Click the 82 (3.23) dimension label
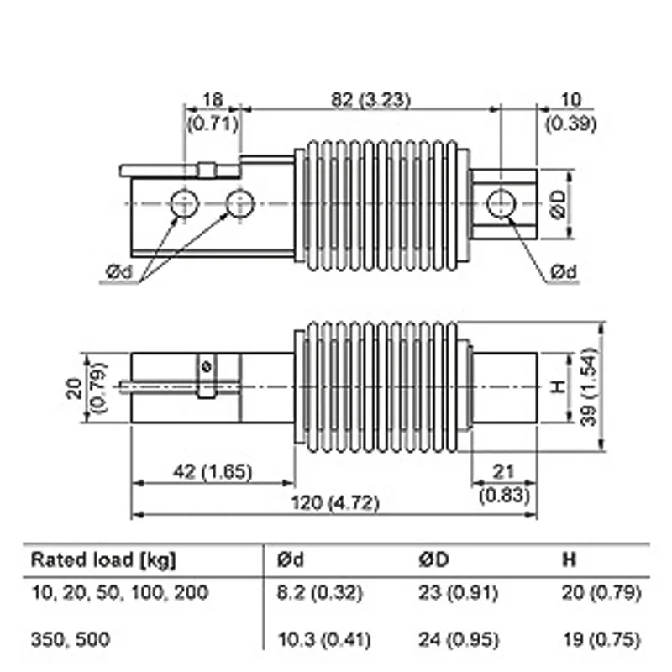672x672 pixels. [370, 100]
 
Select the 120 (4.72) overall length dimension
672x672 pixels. [335, 502]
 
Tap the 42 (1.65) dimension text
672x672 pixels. [213, 472]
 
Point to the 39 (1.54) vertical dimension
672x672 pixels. [589, 386]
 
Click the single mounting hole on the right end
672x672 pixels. [501, 203]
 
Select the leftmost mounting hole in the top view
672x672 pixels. [184, 203]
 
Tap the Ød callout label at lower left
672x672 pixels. [119, 271]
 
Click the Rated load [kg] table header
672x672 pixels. [103, 559]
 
